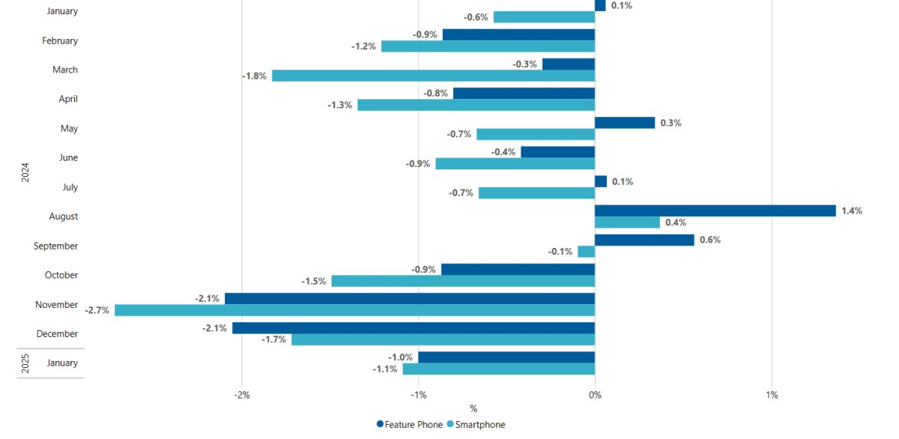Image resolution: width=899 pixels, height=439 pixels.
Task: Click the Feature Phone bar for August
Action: [x=715, y=211]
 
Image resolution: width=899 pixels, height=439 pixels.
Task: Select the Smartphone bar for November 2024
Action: [x=354, y=310]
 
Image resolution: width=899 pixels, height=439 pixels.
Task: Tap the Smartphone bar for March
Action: [x=433, y=76]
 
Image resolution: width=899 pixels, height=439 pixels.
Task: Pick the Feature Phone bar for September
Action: [x=644, y=240]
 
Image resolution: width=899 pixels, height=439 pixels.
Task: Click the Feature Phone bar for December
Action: [x=414, y=328]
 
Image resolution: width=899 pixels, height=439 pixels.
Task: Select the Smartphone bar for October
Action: [x=463, y=281]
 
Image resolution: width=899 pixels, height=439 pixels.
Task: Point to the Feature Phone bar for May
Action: [x=625, y=123]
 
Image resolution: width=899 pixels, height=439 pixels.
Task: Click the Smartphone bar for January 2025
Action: [x=499, y=369]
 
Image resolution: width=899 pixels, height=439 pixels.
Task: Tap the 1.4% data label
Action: [x=852, y=211]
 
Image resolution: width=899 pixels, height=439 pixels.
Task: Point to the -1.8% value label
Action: [x=254, y=76]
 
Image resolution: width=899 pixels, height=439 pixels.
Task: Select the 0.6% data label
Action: [x=709, y=240]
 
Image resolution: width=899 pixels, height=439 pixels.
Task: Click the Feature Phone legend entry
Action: [x=410, y=425]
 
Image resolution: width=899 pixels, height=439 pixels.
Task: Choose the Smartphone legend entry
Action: [x=476, y=425]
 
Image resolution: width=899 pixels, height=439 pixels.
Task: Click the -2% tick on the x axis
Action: [x=241, y=395]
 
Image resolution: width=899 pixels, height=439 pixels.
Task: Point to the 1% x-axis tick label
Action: [x=772, y=395]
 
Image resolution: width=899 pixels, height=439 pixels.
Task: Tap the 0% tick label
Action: [x=594, y=395]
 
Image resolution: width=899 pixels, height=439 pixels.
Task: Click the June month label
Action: [x=68, y=158]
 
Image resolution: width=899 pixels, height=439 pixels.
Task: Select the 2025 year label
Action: [x=25, y=363]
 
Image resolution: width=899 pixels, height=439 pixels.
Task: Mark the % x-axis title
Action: [x=473, y=409]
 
